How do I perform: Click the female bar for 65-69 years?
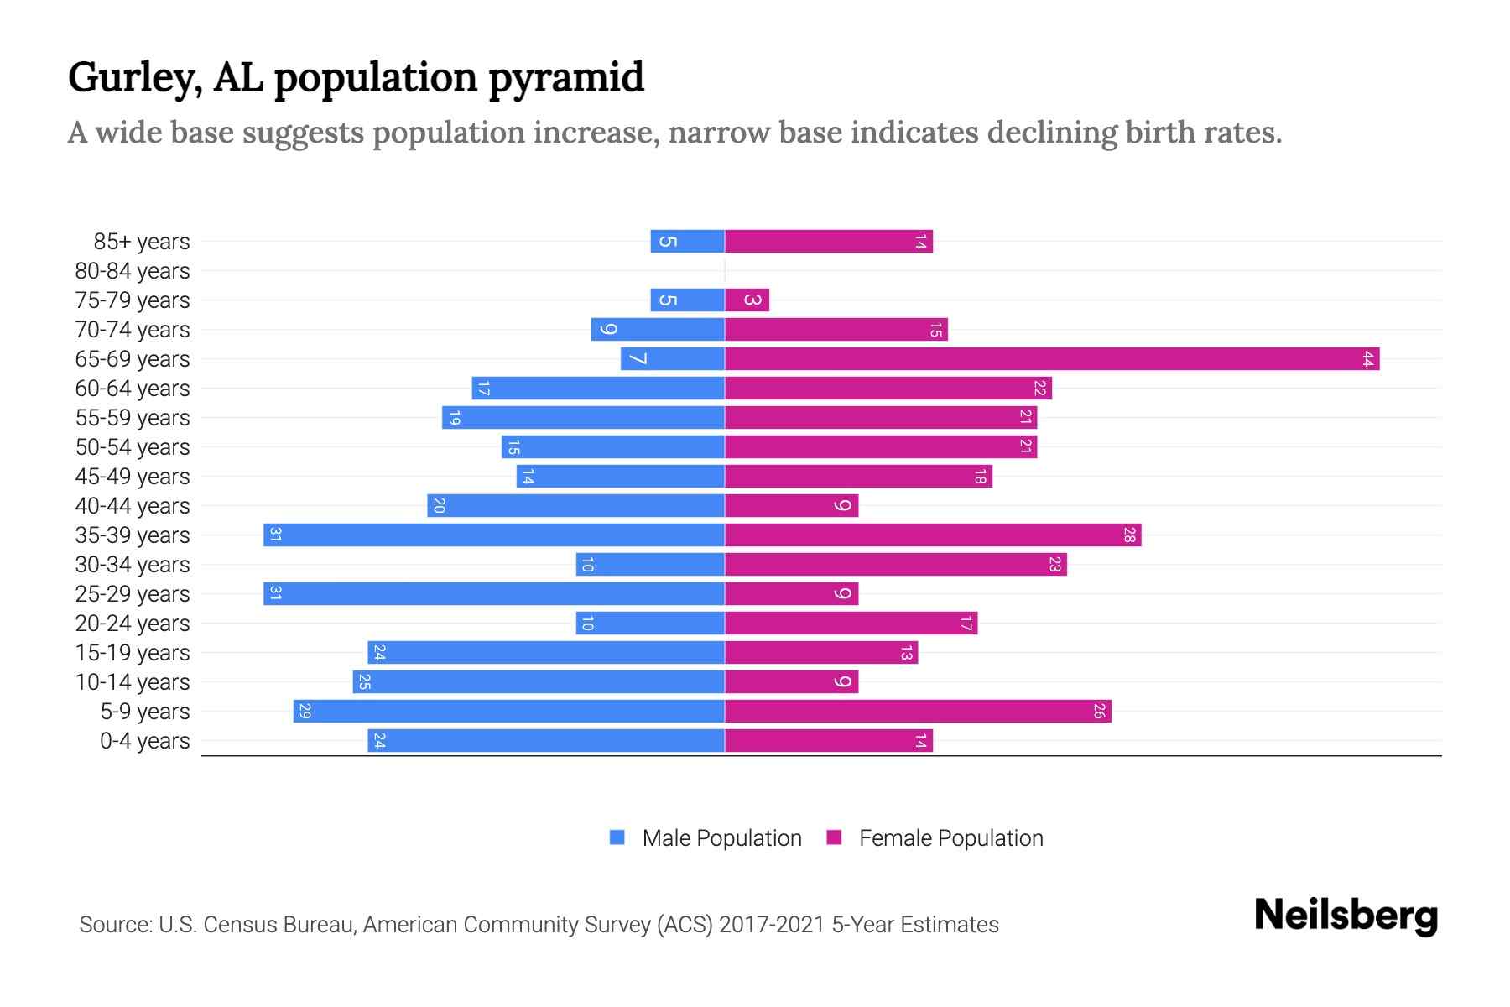pos(1052,359)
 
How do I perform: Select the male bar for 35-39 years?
pos(494,535)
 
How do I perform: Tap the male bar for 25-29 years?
pos(494,594)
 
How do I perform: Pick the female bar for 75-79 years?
pos(747,300)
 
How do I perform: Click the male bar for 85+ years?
pos(687,242)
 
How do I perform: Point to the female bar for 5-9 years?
pos(918,712)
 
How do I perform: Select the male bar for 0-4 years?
pos(546,741)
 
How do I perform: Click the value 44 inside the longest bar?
pos(1367,359)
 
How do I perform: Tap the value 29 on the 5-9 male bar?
pos(305,712)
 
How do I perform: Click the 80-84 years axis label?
pos(133,271)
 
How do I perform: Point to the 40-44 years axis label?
pos(133,506)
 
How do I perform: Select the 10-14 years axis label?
pos(133,682)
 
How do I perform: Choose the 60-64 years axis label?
pos(133,389)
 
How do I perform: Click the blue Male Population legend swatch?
pos(617,837)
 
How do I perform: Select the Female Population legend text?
pos(950,837)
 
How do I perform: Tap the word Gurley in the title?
pos(134,77)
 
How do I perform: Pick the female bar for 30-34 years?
pos(895,565)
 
